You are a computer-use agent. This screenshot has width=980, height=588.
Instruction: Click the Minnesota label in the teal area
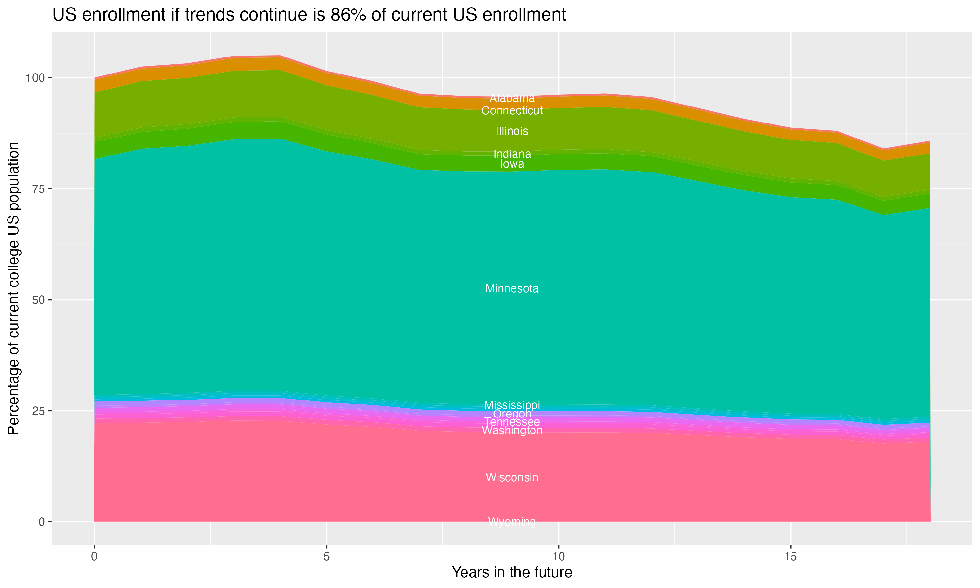512,288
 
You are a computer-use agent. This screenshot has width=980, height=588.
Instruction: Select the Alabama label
512,98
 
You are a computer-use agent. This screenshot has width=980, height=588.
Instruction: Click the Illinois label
512,131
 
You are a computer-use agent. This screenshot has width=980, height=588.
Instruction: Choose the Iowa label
512,164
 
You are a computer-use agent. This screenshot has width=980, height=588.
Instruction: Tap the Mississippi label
512,405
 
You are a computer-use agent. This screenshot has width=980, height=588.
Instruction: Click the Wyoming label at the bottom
512,521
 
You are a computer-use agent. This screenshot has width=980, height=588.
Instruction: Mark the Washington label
512,430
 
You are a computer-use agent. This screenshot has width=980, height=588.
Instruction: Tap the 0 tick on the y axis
41,522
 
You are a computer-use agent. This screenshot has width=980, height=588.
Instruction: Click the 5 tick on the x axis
326,557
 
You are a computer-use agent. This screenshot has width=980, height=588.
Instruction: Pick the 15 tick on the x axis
790,557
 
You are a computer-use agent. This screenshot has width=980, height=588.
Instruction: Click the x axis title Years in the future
512,572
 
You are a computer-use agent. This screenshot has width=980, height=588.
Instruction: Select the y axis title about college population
13,288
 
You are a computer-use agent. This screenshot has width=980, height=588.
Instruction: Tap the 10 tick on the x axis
558,557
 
